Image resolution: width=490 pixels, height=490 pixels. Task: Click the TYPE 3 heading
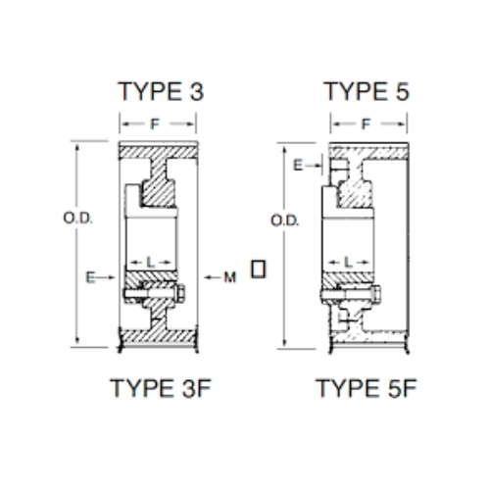(x=161, y=91)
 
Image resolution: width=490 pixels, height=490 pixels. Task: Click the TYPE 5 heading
(x=367, y=91)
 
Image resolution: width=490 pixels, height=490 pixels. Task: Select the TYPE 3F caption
(x=161, y=388)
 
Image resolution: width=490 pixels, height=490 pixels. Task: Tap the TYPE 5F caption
(x=367, y=388)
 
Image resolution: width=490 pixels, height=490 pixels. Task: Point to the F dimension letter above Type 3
(x=155, y=124)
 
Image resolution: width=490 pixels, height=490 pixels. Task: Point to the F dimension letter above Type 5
(x=366, y=124)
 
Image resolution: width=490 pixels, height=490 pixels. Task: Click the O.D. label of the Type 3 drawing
(x=77, y=219)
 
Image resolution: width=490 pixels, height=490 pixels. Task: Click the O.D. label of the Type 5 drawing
(x=285, y=220)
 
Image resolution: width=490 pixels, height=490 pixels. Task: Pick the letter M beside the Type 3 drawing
(x=230, y=277)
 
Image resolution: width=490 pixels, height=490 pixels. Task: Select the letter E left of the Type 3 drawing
(x=90, y=277)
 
